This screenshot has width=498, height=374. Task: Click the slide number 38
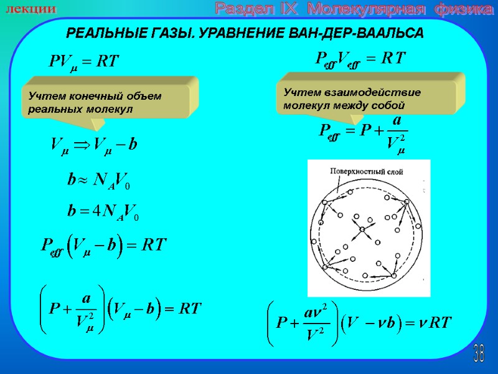[479, 353]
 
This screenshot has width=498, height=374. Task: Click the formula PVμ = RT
[83, 62]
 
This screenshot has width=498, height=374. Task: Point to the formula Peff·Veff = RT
[360, 59]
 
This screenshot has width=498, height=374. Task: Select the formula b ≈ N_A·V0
[99, 181]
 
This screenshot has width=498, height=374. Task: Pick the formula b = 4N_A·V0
[103, 211]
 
